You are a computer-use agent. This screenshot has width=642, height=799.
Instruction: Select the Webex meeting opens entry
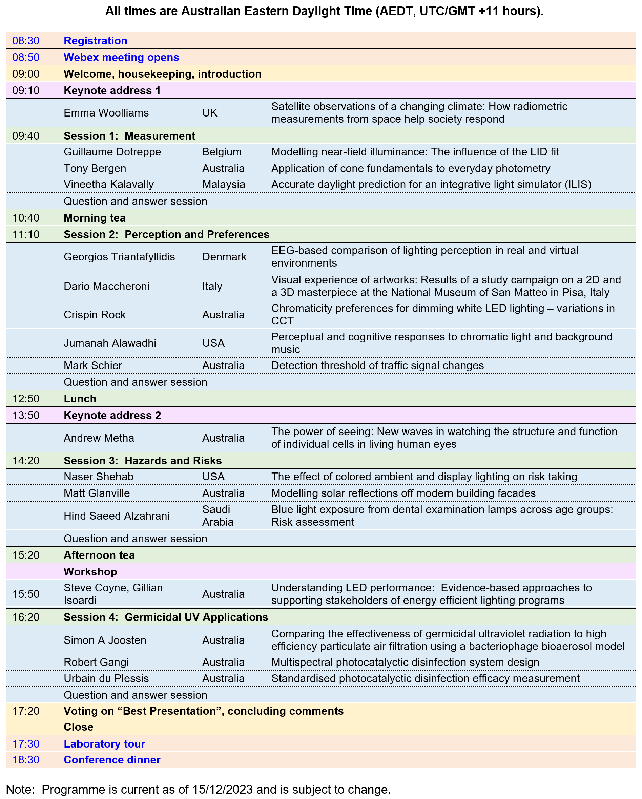[x=121, y=58]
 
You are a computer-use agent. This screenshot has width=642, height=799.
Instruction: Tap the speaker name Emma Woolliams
[x=106, y=113]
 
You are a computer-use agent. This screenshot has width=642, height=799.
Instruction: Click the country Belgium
[x=222, y=152]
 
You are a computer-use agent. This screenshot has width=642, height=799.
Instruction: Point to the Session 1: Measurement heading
[x=129, y=136]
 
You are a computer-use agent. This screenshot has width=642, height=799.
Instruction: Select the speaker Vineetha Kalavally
[x=109, y=184]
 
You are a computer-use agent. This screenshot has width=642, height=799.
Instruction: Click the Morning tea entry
[x=95, y=218]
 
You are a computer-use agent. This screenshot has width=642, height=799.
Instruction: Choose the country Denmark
[x=224, y=257]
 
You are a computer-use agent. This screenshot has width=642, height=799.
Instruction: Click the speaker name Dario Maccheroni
[x=106, y=286]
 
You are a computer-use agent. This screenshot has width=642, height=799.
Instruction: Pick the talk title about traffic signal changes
[x=377, y=365]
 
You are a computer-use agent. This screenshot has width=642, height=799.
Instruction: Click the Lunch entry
[x=80, y=399]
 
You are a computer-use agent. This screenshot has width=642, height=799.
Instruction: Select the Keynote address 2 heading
[x=112, y=416]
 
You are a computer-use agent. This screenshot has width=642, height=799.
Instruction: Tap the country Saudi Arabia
[x=218, y=516]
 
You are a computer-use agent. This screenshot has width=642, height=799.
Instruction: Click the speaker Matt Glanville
[x=97, y=493]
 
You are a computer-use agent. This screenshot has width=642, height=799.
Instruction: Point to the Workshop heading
[x=90, y=572]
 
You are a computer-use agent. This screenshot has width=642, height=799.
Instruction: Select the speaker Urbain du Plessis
[x=106, y=678]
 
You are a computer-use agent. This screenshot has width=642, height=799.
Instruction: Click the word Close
[x=78, y=727]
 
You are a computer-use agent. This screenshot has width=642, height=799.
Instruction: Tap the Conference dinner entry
[x=112, y=760]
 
